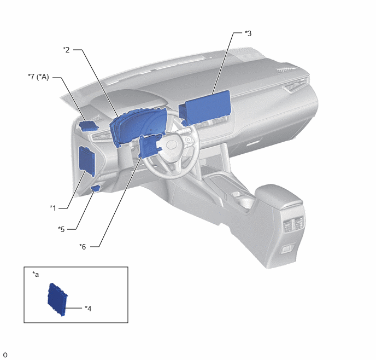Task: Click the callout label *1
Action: pos(53,208)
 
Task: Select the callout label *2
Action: pos(66,50)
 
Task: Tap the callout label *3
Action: pos(248,33)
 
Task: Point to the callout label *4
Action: pos(88,309)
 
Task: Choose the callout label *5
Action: pos(61,229)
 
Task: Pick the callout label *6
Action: pos(83,247)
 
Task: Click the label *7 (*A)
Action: pos(38,77)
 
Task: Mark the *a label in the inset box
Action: pos(36,274)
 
